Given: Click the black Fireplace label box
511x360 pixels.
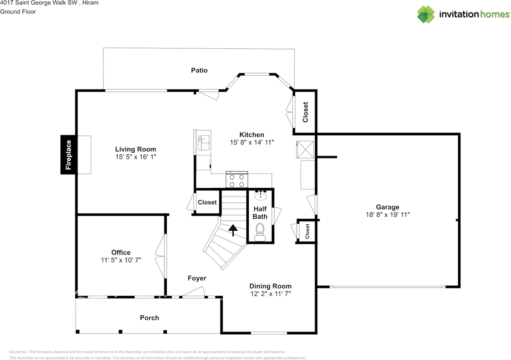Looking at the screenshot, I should click(68, 155).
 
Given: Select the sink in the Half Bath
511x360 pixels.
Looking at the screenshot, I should click(261, 196).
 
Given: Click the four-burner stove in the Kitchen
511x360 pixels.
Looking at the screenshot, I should click(237, 180).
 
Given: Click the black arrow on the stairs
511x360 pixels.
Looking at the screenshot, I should click(232, 229).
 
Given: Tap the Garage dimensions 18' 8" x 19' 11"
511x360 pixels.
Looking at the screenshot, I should click(387, 214).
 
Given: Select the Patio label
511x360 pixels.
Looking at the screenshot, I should click(199, 70).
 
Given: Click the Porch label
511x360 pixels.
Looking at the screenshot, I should click(149, 318).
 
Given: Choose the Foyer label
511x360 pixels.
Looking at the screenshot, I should click(197, 278).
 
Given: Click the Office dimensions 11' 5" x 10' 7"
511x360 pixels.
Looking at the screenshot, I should click(121, 260).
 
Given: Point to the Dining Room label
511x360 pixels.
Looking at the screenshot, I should click(270, 286).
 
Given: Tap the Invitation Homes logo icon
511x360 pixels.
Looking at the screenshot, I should click(426, 14).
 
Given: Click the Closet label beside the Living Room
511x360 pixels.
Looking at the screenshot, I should click(207, 202).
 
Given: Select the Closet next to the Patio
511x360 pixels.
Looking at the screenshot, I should click(305, 112).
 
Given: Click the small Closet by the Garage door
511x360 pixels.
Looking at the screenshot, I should click(307, 231).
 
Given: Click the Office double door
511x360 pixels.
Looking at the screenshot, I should click(161, 256).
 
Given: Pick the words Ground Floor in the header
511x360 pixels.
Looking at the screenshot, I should click(18, 12).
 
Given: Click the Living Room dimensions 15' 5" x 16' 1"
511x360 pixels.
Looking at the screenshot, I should click(136, 157).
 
